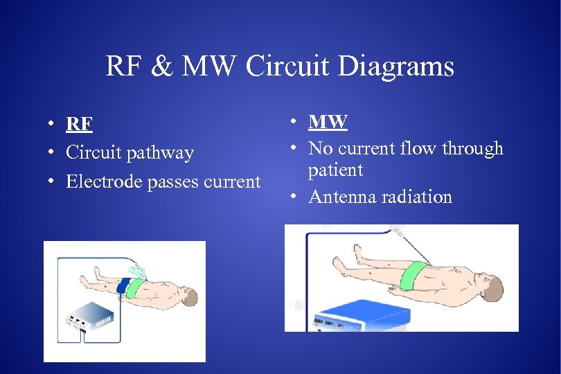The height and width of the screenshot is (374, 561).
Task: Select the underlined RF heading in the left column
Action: pyautogui.click(x=79, y=124)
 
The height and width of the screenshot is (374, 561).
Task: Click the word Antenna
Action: pyautogui.click(x=339, y=197)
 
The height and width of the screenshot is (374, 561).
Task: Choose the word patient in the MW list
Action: pyautogui.click(x=335, y=170)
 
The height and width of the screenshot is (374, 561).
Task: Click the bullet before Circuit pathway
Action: pyautogui.click(x=52, y=153)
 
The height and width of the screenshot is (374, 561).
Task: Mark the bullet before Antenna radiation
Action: pyautogui.click(x=294, y=197)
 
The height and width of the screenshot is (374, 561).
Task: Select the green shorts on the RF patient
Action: pyautogui.click(x=136, y=287)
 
